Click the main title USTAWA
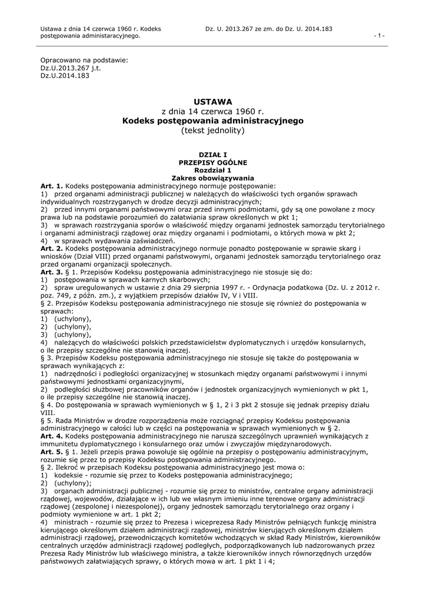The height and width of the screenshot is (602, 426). [x=212, y=101]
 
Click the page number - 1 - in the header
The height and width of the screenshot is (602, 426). [x=380, y=36]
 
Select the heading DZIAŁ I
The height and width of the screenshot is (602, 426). [x=212, y=154]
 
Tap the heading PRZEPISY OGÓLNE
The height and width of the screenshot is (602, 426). [x=212, y=162]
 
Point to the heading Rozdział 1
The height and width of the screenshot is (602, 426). [x=212, y=169]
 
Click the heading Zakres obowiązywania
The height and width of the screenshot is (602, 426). [x=212, y=177]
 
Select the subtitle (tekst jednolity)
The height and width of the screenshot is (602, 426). [x=212, y=130]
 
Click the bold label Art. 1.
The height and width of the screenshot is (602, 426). [x=52, y=185]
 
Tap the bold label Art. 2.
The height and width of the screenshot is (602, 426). [x=52, y=249]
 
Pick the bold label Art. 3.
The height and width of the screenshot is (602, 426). [x=52, y=273]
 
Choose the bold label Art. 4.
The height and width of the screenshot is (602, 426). [x=52, y=436]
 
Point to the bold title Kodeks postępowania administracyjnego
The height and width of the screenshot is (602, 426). [x=212, y=121]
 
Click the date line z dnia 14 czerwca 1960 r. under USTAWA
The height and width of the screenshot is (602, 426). [x=212, y=111]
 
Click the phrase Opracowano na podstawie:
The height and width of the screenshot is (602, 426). [x=84, y=60]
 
